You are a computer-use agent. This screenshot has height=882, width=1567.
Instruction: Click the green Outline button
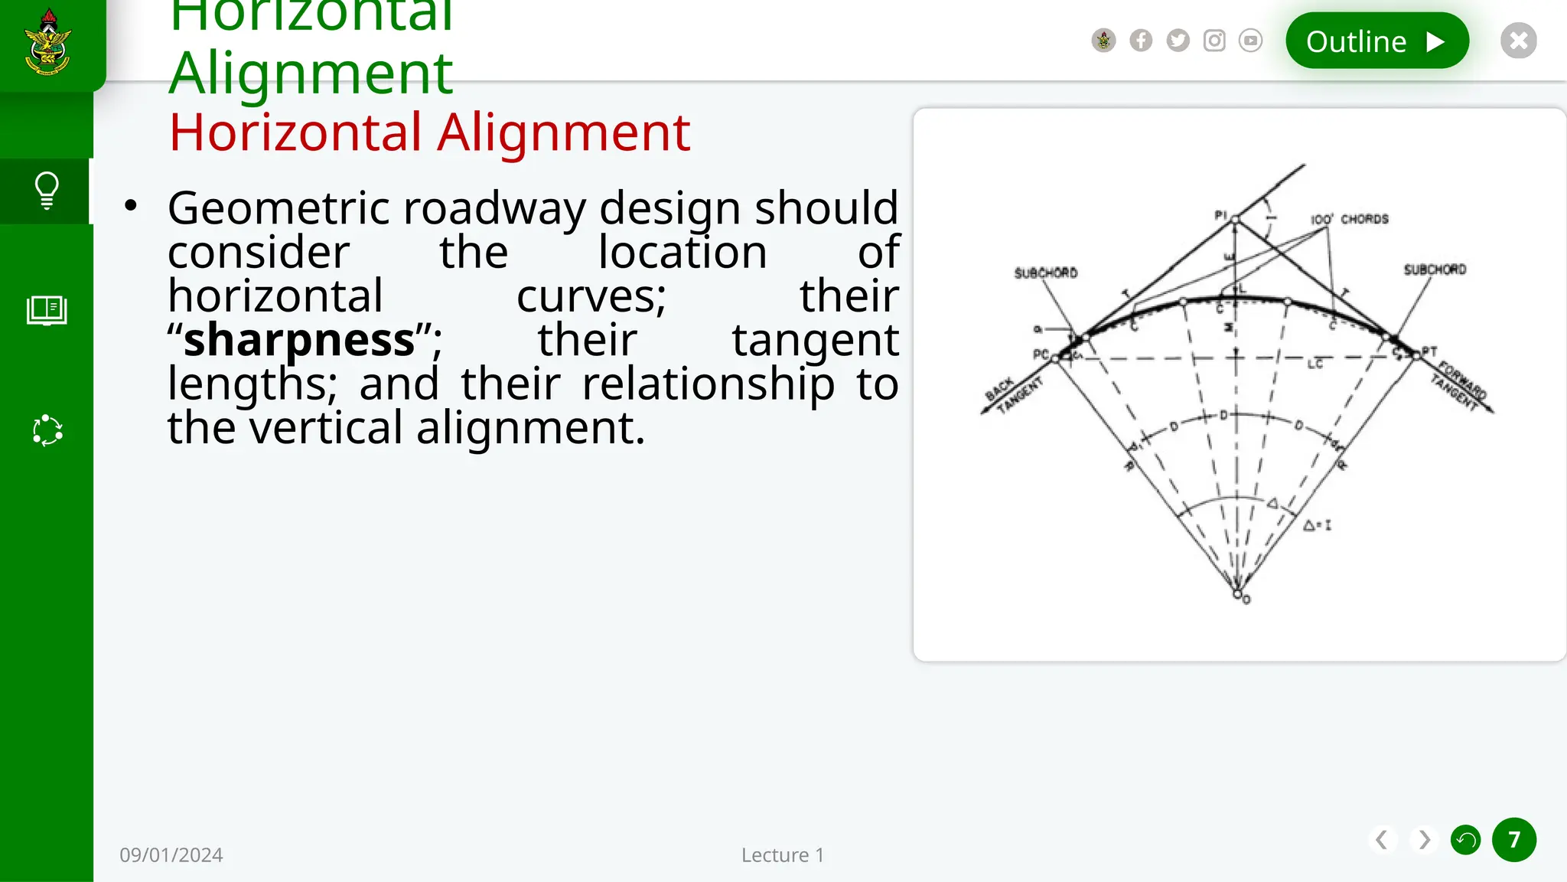coord(1376,41)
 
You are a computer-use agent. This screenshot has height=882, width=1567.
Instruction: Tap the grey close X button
coord(1518,41)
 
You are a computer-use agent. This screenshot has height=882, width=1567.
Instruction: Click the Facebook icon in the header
coord(1141,41)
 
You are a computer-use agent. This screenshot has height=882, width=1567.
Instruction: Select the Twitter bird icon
coord(1178,41)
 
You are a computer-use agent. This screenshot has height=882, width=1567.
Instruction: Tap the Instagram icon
coord(1214,41)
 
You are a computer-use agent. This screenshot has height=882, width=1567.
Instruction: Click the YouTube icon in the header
coord(1250,41)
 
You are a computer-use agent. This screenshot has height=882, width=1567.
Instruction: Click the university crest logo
coord(48,43)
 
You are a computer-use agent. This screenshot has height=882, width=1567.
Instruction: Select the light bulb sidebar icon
coord(47,191)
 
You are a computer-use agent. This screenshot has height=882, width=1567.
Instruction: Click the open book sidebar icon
coord(47,310)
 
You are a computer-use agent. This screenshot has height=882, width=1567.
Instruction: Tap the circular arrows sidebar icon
coord(47,430)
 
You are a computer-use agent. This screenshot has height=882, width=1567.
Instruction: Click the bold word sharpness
coord(299,340)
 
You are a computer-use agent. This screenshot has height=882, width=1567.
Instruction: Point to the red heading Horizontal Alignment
coord(429,132)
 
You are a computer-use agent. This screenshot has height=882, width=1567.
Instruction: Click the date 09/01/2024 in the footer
coord(171,855)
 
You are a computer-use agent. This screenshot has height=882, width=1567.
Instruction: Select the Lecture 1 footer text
coord(782,855)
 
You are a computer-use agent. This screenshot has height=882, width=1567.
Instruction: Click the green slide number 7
coord(1513,840)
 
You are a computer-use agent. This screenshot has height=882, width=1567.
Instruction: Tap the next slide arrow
coord(1424,840)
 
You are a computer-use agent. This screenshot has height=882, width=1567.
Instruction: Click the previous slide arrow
coord(1381,840)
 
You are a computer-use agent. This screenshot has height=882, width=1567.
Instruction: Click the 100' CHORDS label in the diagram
coord(1349,219)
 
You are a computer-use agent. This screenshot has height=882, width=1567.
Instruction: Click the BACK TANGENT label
coord(1012,395)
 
